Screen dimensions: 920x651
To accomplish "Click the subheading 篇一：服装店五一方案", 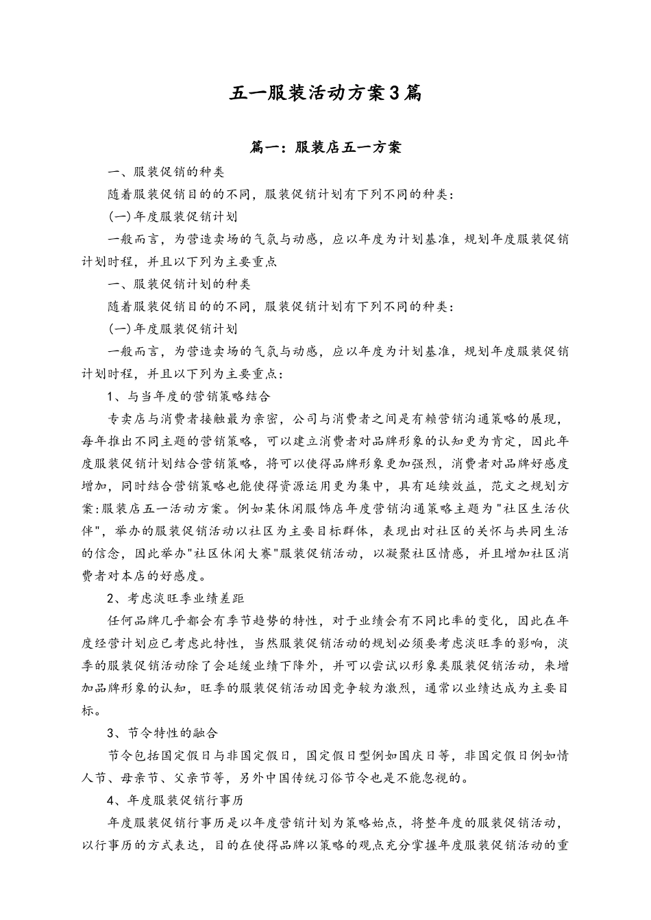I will coord(325,147).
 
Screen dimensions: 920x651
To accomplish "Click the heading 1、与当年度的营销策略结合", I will coord(189,396).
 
